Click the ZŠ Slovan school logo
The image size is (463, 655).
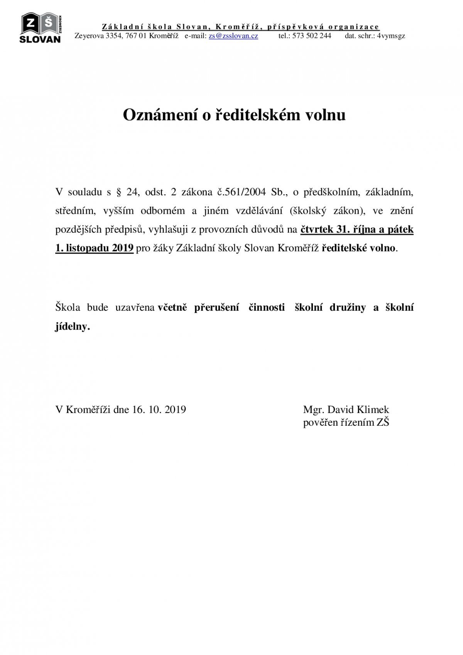click(41, 28)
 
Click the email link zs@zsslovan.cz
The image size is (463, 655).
click(233, 36)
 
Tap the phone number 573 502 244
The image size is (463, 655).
click(312, 36)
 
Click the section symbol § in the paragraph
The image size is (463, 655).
click(118, 192)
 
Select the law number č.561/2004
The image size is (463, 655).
click(239, 192)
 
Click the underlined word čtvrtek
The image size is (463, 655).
click(317, 229)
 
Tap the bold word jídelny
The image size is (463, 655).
click(72, 327)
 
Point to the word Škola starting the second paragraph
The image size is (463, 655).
click(68, 308)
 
